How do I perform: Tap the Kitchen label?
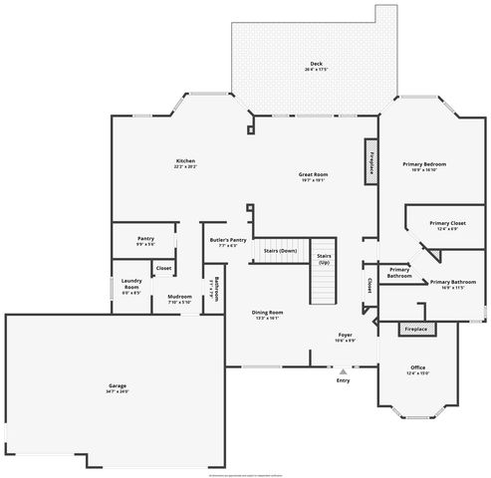point(185,162)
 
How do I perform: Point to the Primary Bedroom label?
point(424,165)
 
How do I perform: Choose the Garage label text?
point(118,387)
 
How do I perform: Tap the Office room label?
point(416,369)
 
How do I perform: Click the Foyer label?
point(346,336)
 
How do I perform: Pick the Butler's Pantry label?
point(227,241)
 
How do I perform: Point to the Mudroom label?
point(179,299)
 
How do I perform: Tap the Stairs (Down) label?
point(280,251)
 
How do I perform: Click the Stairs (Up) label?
point(324,258)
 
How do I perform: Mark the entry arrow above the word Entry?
point(343,371)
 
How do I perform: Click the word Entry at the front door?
point(343,380)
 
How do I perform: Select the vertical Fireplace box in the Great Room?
point(371,159)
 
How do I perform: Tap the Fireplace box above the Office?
point(415,329)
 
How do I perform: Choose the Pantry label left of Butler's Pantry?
point(144,240)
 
